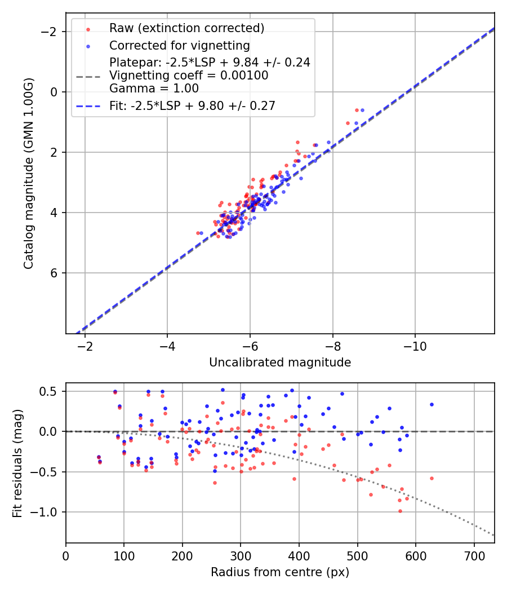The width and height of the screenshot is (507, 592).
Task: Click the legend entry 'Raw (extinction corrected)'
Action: [186, 28]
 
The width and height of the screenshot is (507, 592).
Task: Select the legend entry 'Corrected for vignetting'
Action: [179, 45]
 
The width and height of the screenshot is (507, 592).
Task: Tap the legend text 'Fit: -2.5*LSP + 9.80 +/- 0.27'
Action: [192, 105]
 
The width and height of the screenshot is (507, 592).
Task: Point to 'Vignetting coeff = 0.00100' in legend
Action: [189, 76]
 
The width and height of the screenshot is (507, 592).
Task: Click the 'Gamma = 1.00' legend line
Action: [154, 89]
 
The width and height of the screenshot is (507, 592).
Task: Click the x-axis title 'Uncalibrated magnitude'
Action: [280, 363]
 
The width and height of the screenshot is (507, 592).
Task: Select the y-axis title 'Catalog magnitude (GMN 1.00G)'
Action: [29, 173]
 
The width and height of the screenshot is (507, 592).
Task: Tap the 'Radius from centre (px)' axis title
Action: [280, 572]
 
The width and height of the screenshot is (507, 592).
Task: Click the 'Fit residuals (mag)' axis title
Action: [17, 463]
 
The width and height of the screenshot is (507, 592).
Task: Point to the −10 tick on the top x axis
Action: [415, 345]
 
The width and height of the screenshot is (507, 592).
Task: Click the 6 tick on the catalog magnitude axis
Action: [54, 273]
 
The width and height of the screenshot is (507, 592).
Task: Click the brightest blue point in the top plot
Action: [362, 110]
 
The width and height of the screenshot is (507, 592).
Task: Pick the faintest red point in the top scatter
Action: [198, 232]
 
